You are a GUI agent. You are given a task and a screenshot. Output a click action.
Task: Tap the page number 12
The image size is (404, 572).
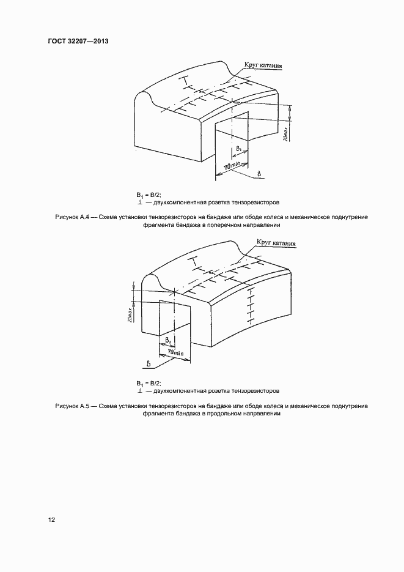52,520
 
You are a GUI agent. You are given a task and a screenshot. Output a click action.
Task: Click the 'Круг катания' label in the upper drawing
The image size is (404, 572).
263,65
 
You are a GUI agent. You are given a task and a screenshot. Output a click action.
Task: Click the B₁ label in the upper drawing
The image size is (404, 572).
239,149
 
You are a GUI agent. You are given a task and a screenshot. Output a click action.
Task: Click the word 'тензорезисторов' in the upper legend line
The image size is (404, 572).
256,202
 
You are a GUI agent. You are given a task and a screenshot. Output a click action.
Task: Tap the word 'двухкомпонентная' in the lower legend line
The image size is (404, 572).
180,390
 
